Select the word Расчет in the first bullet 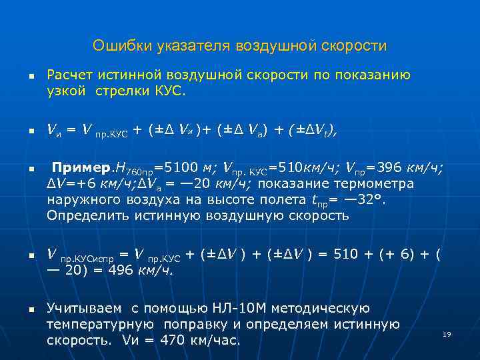(x=69, y=75)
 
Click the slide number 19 (x=447, y=334)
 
